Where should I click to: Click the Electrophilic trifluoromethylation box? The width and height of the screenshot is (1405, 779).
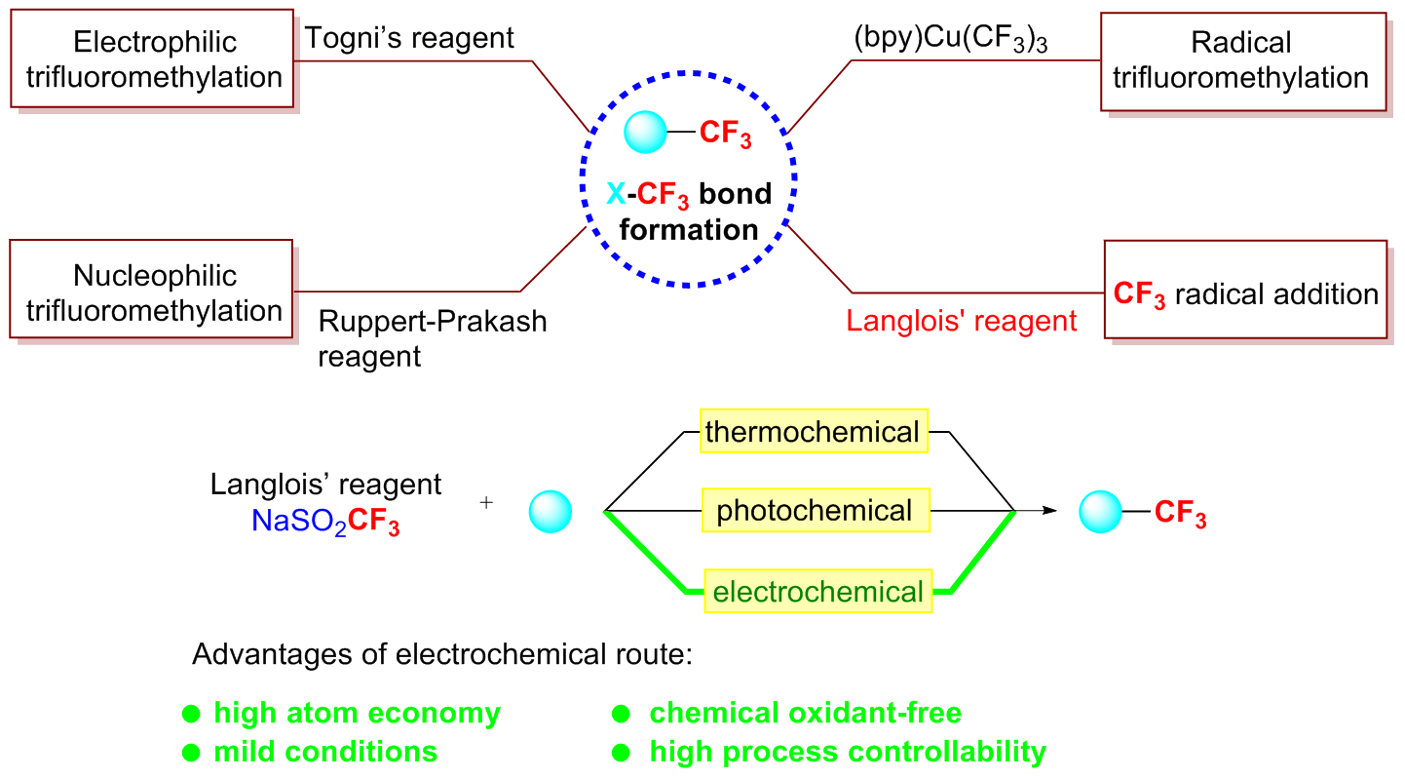(x=154, y=59)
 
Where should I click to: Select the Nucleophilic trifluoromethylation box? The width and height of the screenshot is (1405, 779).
(x=154, y=292)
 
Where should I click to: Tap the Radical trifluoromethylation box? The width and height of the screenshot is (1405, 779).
(x=1240, y=59)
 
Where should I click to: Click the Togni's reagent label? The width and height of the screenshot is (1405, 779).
(x=409, y=39)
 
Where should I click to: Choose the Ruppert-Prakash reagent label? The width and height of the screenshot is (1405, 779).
(x=432, y=337)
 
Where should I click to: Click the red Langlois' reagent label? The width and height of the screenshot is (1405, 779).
(x=962, y=320)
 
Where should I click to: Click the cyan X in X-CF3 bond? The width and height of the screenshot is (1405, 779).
(x=616, y=194)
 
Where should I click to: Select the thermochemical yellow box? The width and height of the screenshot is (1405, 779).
(x=813, y=431)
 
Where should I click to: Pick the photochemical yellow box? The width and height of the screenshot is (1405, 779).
(x=815, y=510)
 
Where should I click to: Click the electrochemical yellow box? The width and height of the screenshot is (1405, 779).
(x=818, y=591)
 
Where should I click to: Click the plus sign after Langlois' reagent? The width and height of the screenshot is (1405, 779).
(x=486, y=503)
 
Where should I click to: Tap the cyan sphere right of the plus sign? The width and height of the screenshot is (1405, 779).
(x=550, y=511)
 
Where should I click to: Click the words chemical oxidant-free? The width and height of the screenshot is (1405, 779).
(x=805, y=714)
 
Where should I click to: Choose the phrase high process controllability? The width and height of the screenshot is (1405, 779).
(x=848, y=752)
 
